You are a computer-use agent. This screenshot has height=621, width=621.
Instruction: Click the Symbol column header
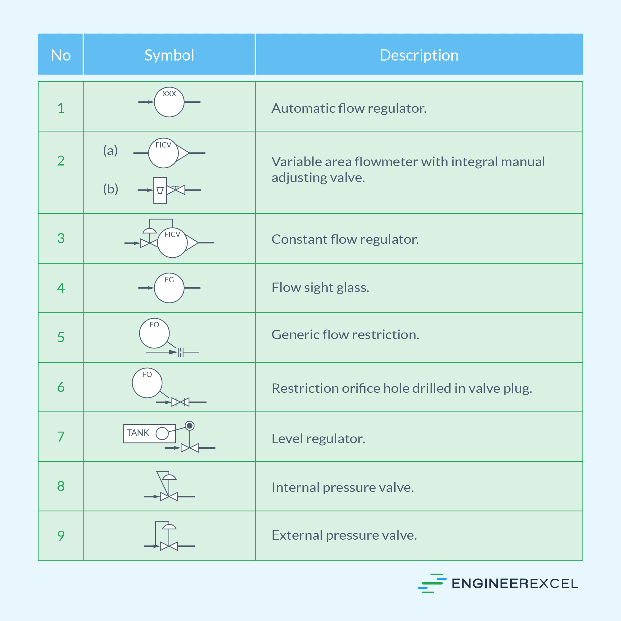coord(169,55)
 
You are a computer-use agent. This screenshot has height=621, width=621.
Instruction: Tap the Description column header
coord(419,55)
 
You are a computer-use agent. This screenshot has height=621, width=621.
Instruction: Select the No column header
coord(61,55)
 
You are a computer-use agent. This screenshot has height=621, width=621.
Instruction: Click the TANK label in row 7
coord(138,433)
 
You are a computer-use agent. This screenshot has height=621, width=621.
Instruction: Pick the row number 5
coord(61,337)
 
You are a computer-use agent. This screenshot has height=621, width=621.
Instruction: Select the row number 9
coord(61,536)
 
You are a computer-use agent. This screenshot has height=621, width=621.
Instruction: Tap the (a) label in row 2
coord(110,150)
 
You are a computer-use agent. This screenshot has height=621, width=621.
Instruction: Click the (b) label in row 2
coord(111,189)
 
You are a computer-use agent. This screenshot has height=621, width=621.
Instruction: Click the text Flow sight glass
coord(320,287)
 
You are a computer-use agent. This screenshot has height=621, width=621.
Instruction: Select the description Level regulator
coord(318,438)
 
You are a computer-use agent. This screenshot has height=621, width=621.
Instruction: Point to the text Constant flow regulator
coord(345,239)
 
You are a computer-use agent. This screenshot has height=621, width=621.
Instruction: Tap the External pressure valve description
coord(344,535)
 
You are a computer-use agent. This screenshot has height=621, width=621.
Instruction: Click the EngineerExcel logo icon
coord(432,583)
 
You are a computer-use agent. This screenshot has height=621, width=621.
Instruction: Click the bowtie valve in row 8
coord(169,496)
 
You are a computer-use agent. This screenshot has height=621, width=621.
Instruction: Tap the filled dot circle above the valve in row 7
coord(190,426)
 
